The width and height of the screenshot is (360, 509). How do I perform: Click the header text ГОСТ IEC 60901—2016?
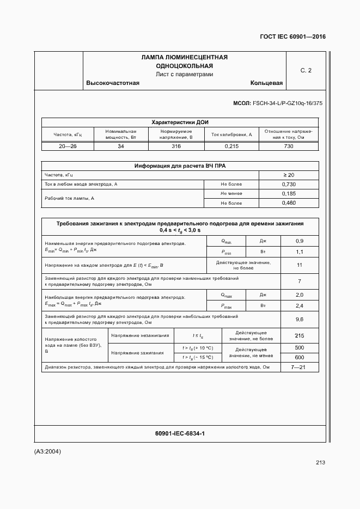click(293, 37)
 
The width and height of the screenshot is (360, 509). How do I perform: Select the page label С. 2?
click(306, 70)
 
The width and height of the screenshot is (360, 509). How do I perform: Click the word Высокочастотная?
click(113, 83)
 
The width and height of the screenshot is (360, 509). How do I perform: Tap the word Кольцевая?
click(266, 83)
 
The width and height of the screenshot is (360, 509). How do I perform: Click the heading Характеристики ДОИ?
click(180, 122)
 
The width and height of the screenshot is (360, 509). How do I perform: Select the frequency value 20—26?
click(68, 146)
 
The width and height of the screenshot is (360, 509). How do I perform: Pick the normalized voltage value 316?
click(176, 146)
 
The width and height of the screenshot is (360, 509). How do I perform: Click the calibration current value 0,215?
click(231, 146)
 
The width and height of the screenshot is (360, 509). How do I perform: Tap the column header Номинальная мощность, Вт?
click(120, 134)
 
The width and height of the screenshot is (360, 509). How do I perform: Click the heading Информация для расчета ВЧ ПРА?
click(180, 166)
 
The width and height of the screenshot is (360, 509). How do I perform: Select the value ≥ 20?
click(289, 175)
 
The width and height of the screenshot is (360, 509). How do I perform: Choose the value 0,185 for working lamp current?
click(289, 193)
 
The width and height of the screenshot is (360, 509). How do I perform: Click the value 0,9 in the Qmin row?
click(299, 241)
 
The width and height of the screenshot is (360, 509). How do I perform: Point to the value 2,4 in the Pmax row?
click(299, 305)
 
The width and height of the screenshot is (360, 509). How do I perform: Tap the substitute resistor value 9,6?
click(299, 319)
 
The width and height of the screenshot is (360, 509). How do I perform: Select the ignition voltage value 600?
click(299, 357)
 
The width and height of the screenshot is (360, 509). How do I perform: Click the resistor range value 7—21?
click(299, 367)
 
